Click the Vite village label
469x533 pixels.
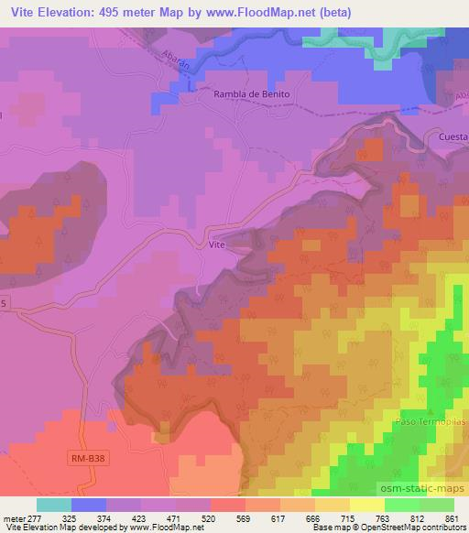[x=216, y=245]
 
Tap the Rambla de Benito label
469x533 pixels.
[x=251, y=94]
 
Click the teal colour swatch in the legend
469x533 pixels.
[x=54, y=505]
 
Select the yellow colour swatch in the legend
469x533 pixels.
[x=367, y=505]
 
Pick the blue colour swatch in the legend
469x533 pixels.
[x=89, y=505]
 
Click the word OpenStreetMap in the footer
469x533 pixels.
[x=368, y=528]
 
